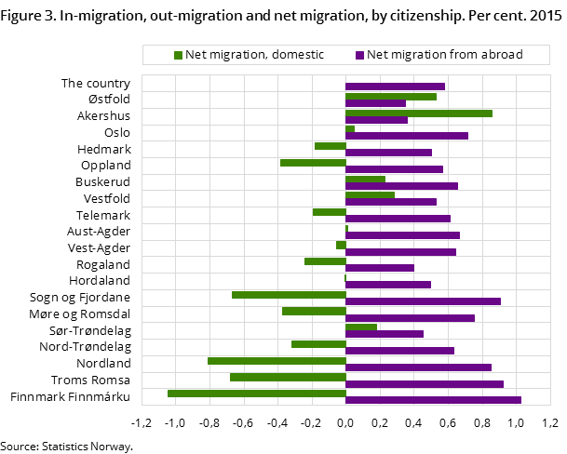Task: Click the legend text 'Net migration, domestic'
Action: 254,55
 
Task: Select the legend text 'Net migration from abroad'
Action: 444,55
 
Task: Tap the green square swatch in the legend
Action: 178,55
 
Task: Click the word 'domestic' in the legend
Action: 295,55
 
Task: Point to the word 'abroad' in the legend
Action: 503,55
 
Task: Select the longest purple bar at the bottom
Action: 433,400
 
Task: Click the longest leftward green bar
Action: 257,393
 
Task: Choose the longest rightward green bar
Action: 419,113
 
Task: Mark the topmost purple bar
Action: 395,87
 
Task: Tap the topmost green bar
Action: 391,97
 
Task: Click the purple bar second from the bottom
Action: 425,383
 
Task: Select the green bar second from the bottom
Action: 288,377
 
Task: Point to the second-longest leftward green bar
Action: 277,360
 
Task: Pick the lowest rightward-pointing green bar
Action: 361,327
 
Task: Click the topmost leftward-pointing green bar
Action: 331,146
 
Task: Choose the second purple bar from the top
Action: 375,103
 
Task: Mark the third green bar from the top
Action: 350,129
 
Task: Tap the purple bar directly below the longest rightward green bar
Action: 376,120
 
